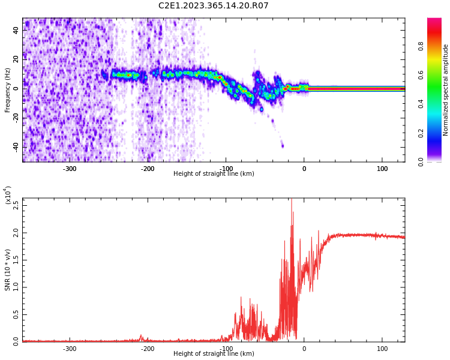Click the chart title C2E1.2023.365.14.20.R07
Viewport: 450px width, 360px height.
[213, 6]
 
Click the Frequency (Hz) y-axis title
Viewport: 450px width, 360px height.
[8, 90]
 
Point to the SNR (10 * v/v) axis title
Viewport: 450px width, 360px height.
[8, 270]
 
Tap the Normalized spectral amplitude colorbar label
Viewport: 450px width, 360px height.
[446, 90]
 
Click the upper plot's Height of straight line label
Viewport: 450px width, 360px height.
[214, 174]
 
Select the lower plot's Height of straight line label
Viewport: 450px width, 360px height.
[214, 354]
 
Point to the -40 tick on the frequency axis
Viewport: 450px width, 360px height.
[15, 147]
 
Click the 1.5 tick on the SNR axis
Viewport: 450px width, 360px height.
[16, 259]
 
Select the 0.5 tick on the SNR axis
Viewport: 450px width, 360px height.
[16, 314]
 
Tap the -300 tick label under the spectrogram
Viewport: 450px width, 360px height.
[70, 169]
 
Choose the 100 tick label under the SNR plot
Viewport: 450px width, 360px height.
[382, 349]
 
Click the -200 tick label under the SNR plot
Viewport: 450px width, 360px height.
[148, 349]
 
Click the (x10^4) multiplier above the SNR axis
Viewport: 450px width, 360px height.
[8, 195]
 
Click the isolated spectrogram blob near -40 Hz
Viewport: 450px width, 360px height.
[283, 146]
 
